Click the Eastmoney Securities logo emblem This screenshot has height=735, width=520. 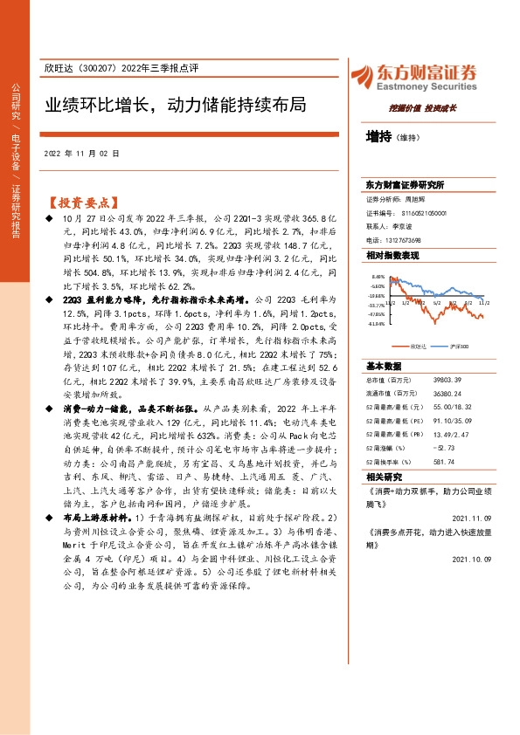[364, 75]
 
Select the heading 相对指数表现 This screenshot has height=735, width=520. [392, 255]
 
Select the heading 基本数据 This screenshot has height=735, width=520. [385, 366]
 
